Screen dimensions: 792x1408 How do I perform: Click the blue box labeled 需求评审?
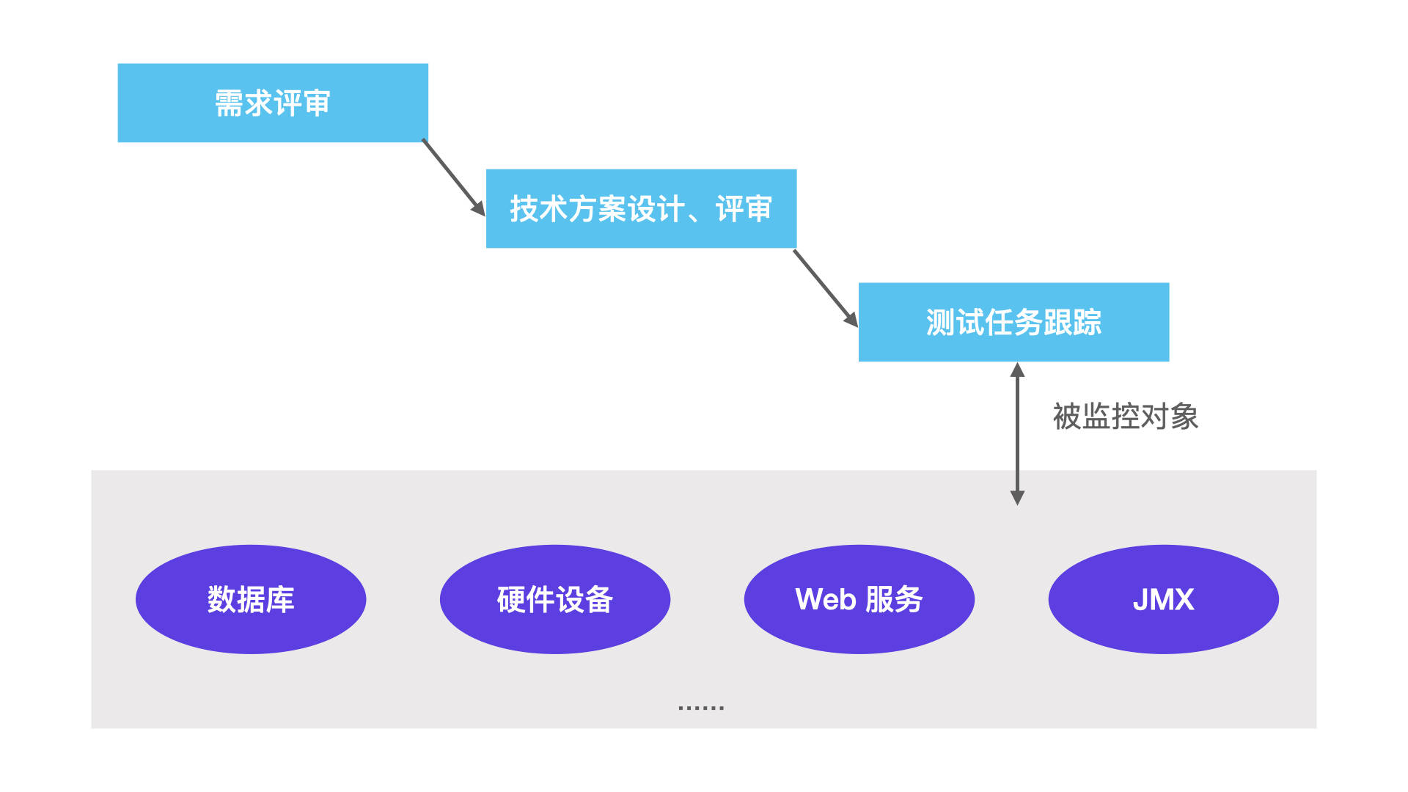[273, 103]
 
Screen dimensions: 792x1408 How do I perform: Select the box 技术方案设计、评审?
[641, 209]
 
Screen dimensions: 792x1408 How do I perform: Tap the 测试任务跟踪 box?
[1013, 322]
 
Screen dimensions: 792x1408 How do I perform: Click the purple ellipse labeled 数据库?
[251, 599]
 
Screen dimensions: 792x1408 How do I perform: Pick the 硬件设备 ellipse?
[554, 599]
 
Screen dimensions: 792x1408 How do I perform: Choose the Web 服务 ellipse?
[859, 599]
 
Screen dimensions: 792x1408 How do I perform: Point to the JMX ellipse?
[1163, 599]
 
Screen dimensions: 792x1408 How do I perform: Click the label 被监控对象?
[1125, 417]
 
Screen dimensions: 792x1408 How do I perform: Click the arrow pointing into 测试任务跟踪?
[824, 287]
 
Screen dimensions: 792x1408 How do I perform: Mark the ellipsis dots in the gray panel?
[701, 708]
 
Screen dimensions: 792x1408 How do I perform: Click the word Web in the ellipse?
[826, 599]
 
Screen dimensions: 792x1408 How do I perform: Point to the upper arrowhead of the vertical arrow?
[1017, 370]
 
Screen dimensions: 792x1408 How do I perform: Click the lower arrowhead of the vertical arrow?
[1017, 497]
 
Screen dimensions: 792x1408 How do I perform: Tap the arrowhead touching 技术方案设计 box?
[478, 208]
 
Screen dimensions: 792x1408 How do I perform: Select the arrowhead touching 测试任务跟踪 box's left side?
[851, 320]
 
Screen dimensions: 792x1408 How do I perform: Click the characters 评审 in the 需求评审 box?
[302, 103]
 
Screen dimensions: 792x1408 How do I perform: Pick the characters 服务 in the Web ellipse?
[894, 599]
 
